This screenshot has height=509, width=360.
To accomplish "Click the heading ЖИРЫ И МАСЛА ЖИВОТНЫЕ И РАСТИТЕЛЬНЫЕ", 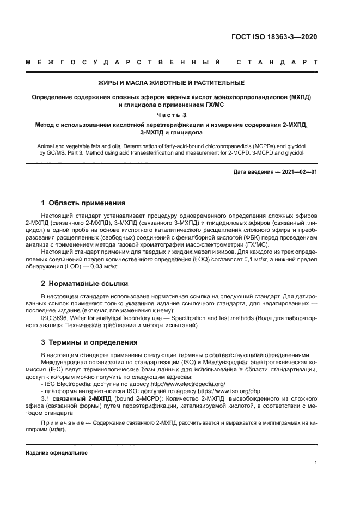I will (x=171, y=83).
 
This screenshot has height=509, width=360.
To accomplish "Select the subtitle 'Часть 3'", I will (x=171, y=114).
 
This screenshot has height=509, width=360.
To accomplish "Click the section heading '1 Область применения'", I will (x=84, y=203).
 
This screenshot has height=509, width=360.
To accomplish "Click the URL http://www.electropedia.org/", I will (x=178, y=384).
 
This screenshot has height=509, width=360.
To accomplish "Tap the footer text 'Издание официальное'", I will (x=57, y=453).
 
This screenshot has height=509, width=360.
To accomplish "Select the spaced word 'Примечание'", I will (x=62, y=422).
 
